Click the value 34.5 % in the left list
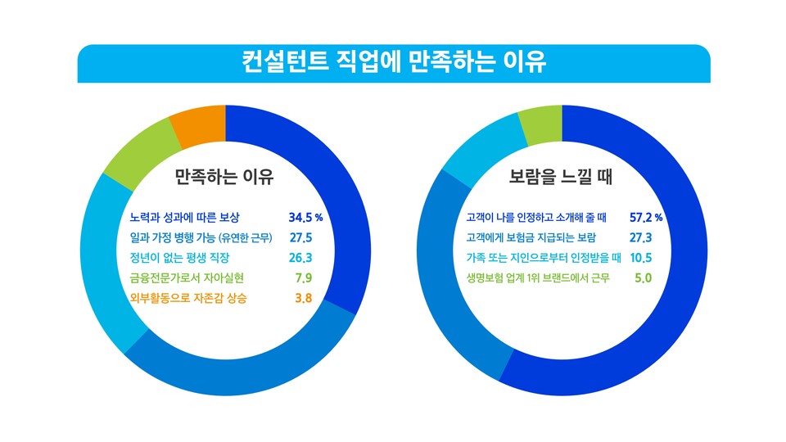305,218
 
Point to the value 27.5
300,238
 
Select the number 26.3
300,258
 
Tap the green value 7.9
303,278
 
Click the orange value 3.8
303,298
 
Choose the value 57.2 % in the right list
645,218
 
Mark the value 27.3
640,238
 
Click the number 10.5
640,258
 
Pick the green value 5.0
643,278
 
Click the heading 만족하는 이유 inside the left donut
224,177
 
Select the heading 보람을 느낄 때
562,177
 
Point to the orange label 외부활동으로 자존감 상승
188,298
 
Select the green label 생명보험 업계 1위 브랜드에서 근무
537,278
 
